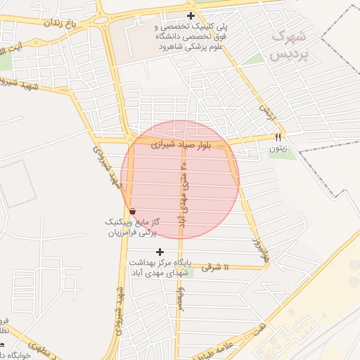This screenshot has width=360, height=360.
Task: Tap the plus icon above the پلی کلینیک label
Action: coord(191,16)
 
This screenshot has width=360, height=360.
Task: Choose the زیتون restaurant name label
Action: coord(278,148)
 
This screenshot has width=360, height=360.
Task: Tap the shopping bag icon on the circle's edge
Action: coord(132,210)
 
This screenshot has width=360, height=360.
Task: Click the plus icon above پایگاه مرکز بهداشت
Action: coord(160,252)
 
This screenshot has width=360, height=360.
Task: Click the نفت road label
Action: coord(261,328)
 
